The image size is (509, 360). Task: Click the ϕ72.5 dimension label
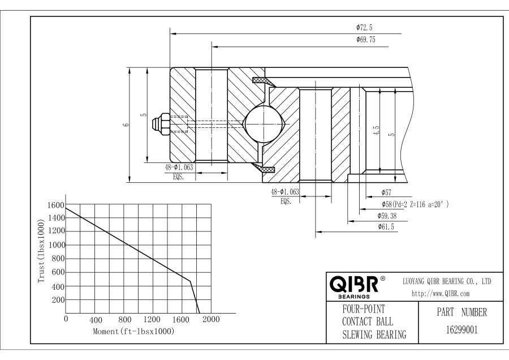[364, 27]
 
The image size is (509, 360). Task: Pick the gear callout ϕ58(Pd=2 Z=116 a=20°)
[416, 203]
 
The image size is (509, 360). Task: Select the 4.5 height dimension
[376, 131]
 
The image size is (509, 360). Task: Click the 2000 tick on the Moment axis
[211, 320]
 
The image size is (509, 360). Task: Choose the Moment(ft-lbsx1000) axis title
[133, 331]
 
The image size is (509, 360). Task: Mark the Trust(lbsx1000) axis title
[41, 252]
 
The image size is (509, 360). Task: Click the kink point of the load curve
[190, 281]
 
